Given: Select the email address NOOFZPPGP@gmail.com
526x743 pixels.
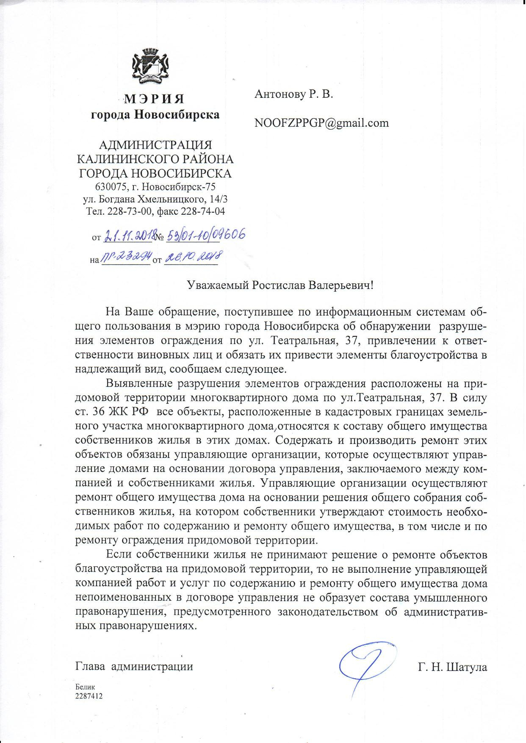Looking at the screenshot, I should [321, 123].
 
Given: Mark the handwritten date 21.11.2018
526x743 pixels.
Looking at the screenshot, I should [128, 236].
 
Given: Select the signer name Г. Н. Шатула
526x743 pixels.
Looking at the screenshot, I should [452, 668].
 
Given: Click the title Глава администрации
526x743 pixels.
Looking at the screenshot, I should [134, 666].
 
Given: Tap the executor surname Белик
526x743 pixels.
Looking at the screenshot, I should [85, 687].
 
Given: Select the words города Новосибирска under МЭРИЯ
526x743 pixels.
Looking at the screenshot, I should [155, 114].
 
